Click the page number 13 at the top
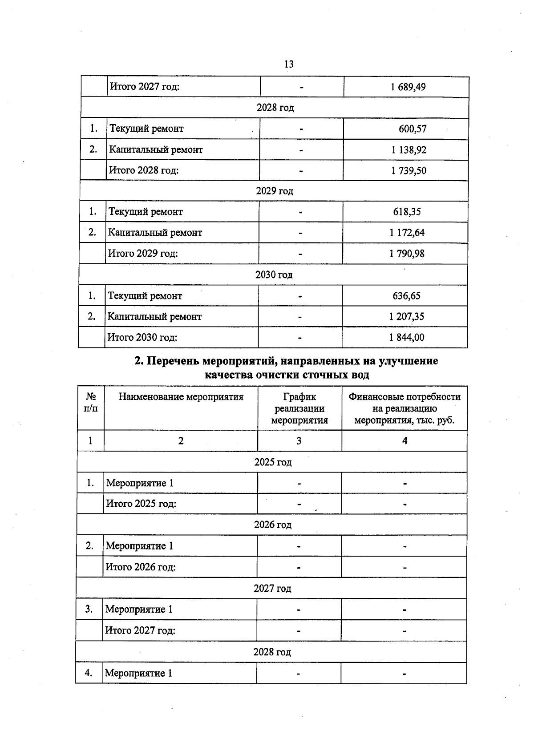tap(288, 64)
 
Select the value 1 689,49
tap(408, 87)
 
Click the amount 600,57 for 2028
tap(413, 129)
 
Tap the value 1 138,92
tap(409, 150)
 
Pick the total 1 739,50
tap(409, 171)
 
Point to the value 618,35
tap(407, 212)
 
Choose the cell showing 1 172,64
tap(407, 233)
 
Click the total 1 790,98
tap(407, 254)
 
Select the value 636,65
tap(406, 296)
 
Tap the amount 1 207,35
tap(406, 317)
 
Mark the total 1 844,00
tap(406, 338)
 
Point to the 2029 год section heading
tap(275, 191)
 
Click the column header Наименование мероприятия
tap(181, 397)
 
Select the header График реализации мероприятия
tap(299, 408)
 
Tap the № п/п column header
tap(91, 402)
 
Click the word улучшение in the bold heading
tap(408, 361)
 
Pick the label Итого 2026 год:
tap(141, 567)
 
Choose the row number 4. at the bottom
tap(89, 673)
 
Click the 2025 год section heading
tap(273, 462)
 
